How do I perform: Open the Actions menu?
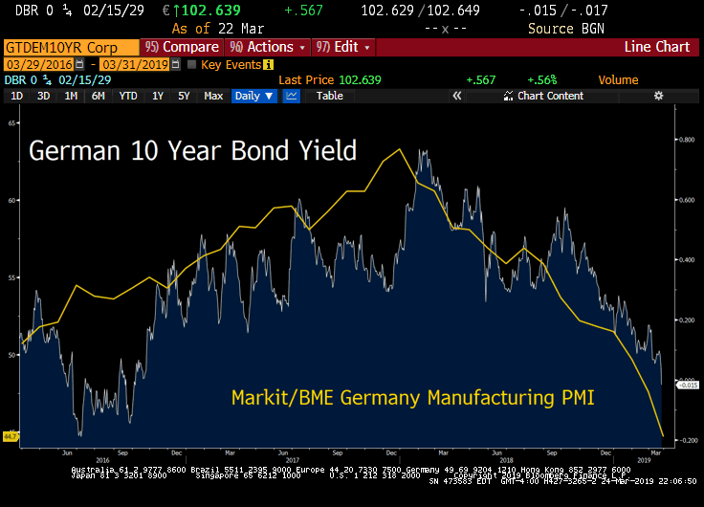tap(268, 47)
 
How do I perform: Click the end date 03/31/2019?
tap(133, 64)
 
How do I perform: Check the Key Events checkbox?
tap(191, 64)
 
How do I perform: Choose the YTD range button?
tap(128, 96)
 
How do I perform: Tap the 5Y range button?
tap(184, 96)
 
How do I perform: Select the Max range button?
tap(213, 96)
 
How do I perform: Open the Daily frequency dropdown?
tap(254, 96)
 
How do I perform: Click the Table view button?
tap(329, 96)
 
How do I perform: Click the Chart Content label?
tap(550, 96)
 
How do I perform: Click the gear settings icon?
tap(658, 96)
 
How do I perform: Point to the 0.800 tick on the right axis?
tap(687, 139)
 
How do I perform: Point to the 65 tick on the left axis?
tap(11, 123)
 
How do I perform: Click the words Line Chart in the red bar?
tap(656, 47)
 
